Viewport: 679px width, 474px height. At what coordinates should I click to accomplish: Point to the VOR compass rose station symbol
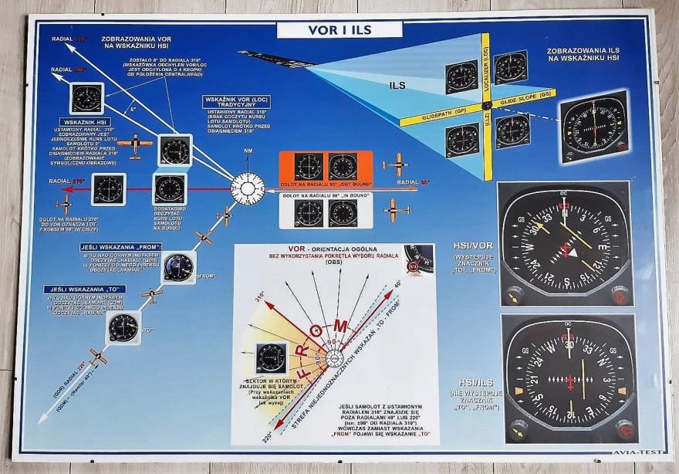click(x=248, y=188)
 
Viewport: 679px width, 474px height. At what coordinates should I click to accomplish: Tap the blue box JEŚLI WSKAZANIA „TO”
click(x=83, y=289)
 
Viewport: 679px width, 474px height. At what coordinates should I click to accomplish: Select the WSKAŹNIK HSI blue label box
click(x=86, y=121)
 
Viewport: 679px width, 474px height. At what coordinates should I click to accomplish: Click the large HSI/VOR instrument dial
click(x=566, y=244)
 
